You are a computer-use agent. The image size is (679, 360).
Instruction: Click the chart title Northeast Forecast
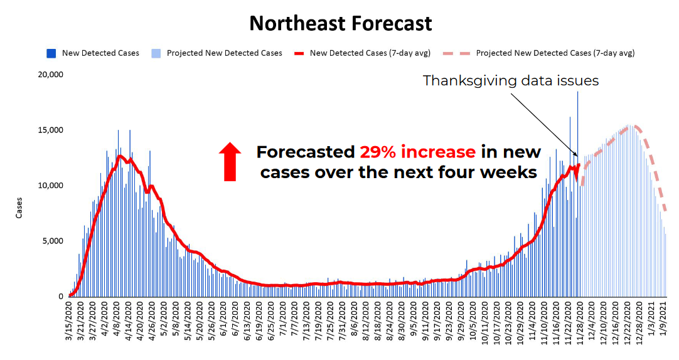pyautogui.click(x=340, y=23)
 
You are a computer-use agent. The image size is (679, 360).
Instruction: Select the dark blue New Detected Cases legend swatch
pyautogui.click(x=51, y=53)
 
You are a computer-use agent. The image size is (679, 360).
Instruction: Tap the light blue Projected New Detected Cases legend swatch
pyautogui.click(x=156, y=53)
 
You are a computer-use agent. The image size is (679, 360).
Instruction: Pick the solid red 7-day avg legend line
pyautogui.click(x=299, y=53)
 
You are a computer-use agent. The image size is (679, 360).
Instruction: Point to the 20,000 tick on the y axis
pyautogui.click(x=51, y=75)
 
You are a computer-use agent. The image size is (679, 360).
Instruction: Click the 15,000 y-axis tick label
pyautogui.click(x=51, y=130)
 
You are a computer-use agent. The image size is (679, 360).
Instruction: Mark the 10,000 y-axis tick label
pyautogui.click(x=51, y=185)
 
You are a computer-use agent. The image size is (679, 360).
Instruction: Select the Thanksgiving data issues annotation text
pyautogui.click(x=511, y=80)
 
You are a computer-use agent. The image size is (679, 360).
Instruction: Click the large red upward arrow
pyautogui.click(x=230, y=162)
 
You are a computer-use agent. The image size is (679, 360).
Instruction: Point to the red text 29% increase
pyautogui.click(x=417, y=152)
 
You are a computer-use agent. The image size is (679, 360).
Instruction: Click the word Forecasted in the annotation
pyautogui.click(x=306, y=152)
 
